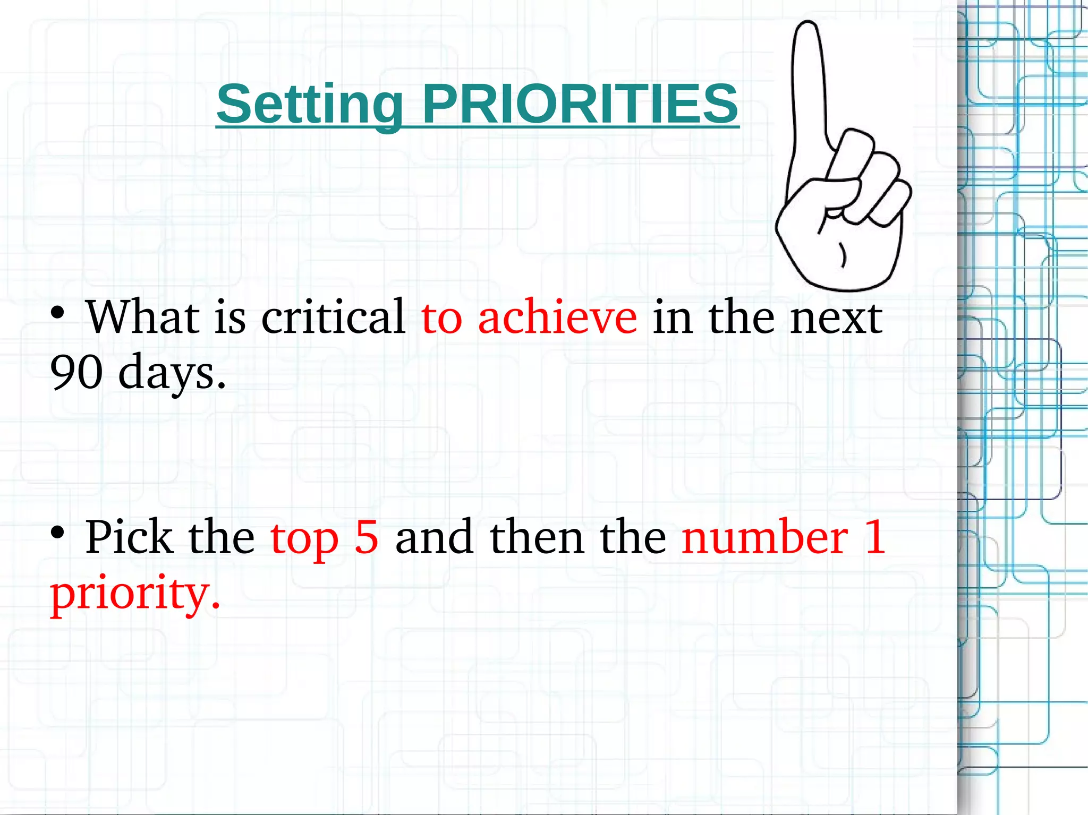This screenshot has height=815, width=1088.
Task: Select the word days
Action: (172, 373)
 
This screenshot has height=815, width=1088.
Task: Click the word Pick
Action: (129, 537)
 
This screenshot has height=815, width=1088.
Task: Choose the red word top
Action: (304, 539)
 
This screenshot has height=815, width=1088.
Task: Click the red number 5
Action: (367, 537)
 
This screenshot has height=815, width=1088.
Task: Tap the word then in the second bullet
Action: (537, 537)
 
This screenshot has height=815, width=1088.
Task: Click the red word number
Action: (764, 537)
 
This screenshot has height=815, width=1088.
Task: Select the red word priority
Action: (134, 594)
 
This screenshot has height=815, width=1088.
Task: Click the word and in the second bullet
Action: (433, 537)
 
